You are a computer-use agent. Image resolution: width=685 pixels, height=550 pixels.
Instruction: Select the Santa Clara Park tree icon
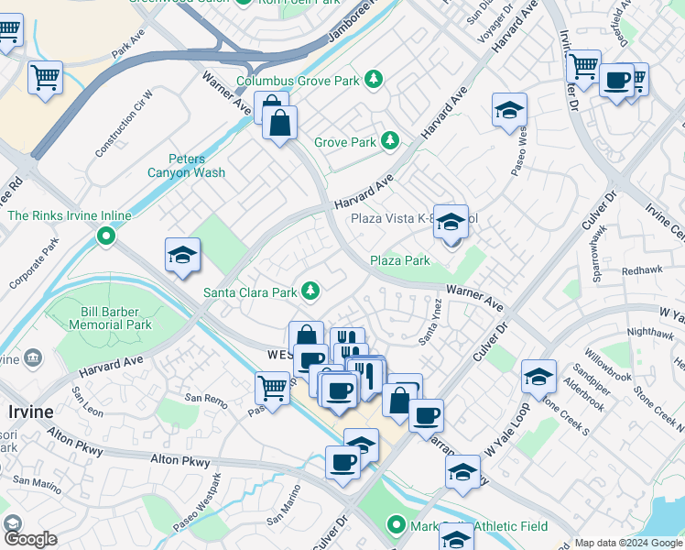point(311,291)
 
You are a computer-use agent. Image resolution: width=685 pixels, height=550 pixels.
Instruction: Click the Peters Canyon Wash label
point(186,166)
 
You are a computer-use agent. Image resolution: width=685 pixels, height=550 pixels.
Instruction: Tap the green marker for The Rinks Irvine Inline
point(106,236)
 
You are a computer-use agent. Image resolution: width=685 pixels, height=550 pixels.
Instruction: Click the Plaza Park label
point(399,260)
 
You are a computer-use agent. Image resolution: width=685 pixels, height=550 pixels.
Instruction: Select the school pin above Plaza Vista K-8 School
point(451,221)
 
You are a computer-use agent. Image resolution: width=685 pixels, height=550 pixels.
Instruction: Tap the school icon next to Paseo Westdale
point(509,111)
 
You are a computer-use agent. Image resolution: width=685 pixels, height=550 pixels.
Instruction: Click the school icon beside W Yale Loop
point(539,376)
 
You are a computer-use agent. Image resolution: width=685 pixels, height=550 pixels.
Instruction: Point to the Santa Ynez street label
point(427,329)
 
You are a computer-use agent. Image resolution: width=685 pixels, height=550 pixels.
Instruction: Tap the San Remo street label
point(205,398)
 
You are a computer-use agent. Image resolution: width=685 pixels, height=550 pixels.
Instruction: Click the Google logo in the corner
point(28,538)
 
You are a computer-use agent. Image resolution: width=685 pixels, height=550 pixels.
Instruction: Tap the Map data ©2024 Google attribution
point(627,543)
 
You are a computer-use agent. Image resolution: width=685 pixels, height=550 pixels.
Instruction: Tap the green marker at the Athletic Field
point(396,525)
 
